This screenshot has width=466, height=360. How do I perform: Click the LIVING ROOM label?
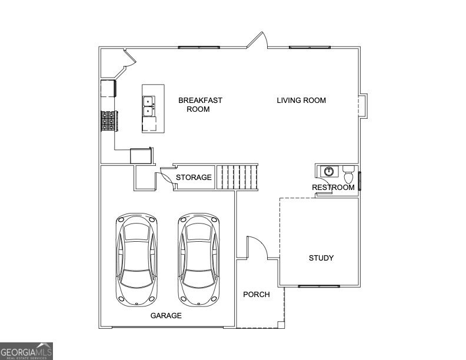click(301, 101)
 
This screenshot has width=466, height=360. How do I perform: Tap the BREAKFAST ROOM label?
click(200, 105)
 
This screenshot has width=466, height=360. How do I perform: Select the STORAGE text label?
click(194, 178)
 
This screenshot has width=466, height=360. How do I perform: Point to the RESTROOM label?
click(333, 188)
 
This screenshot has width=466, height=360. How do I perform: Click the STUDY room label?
click(321, 258)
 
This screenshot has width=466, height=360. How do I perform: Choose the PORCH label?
click(257, 295)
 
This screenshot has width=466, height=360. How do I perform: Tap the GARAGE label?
click(166, 316)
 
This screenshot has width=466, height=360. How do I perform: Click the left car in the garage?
click(137, 259)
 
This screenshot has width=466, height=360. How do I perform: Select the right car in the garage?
click(199, 259)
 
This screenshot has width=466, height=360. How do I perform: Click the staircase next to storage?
click(237, 176)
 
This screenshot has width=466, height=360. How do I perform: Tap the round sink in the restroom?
click(329, 172)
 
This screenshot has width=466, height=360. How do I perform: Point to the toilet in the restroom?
click(348, 175)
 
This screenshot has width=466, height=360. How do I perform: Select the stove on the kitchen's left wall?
click(109, 121)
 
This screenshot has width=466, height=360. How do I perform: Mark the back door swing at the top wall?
click(257, 41)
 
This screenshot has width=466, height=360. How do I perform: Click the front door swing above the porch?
click(257, 248)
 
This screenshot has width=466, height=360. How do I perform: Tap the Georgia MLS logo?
click(26, 351)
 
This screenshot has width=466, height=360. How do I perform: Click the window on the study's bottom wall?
click(318, 286)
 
